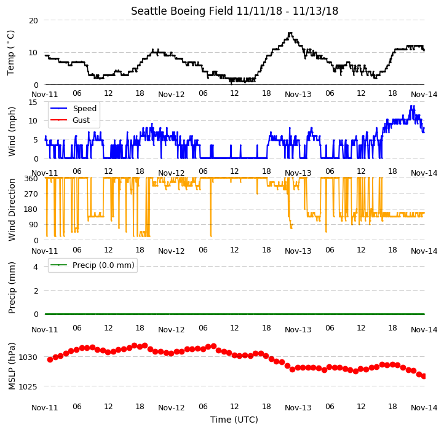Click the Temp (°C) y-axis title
(x=10, y=53)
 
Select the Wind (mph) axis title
(x=11, y=131)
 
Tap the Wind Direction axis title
(x=11, y=210)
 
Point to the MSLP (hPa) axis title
(x=11, y=366)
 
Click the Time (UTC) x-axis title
(x=234, y=420)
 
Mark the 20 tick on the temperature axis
(x=33, y=21)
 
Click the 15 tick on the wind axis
(x=33, y=102)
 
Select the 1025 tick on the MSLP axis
(x=28, y=386)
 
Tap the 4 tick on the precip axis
(x=36, y=267)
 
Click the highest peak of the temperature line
(x=290, y=33)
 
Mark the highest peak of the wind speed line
(x=411, y=106)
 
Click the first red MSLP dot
(x=50, y=359)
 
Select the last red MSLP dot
(x=424, y=376)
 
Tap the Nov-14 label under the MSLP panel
(x=424, y=408)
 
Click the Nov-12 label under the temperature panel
(x=172, y=95)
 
